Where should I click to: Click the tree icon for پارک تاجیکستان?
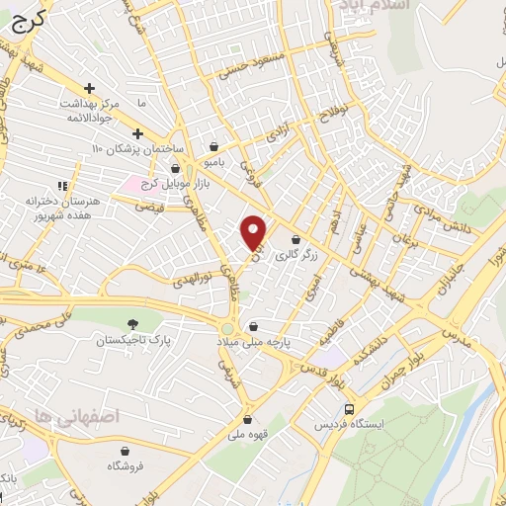coord(133,323)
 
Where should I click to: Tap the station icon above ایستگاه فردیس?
coord(349,408)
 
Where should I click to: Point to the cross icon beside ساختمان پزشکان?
coord(137,133)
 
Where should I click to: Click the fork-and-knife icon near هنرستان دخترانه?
coord(62,185)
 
